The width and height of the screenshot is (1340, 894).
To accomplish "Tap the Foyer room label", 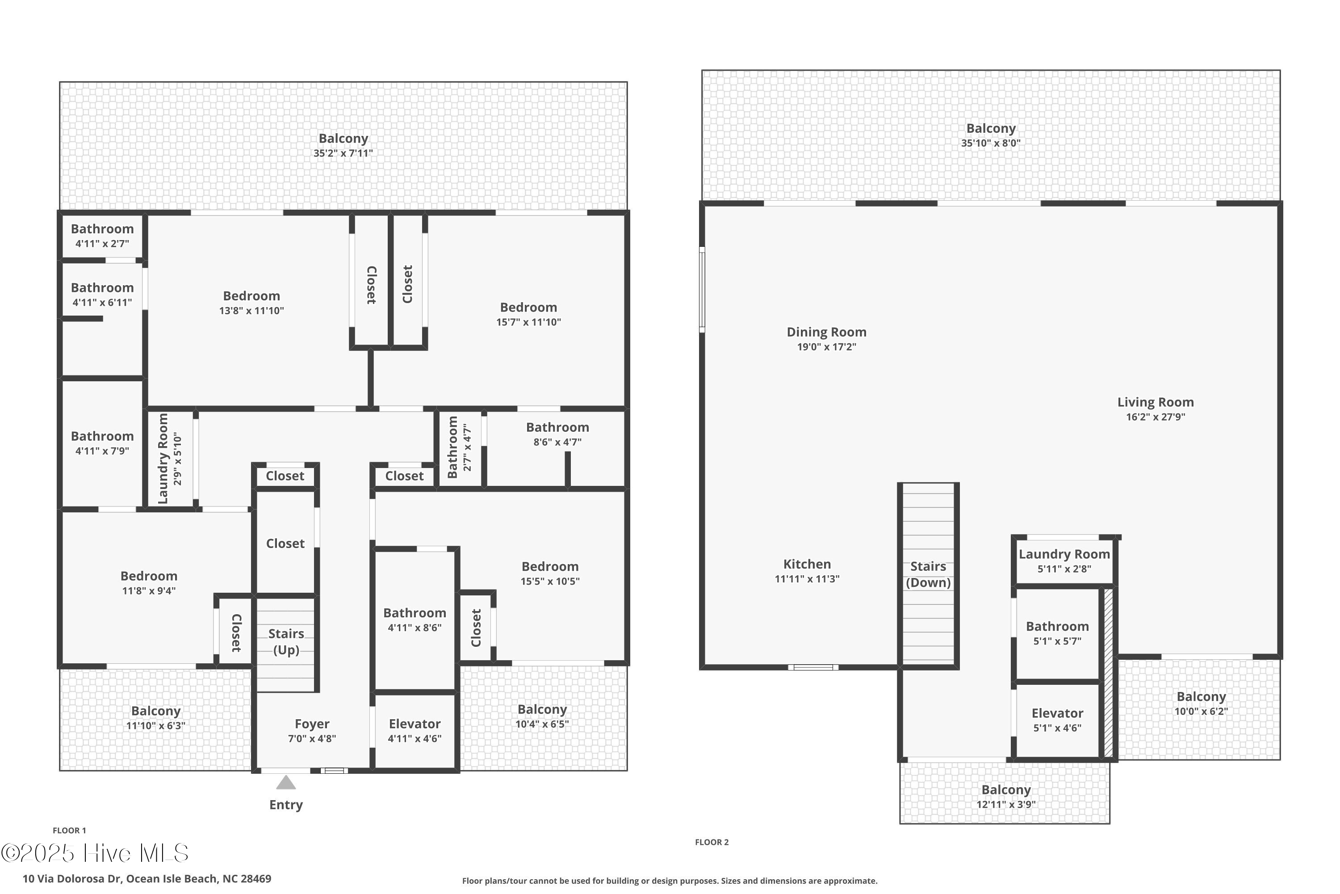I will click(x=312, y=724).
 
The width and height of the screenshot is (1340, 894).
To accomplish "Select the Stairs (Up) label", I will click(x=285, y=642).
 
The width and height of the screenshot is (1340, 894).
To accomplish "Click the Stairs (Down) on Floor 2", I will click(x=928, y=574).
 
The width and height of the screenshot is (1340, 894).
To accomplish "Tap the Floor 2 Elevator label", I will click(x=1057, y=713).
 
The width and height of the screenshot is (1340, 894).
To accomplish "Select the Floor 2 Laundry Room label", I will click(x=1064, y=554).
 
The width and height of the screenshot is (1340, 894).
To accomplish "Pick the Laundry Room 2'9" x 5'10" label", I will click(x=170, y=459).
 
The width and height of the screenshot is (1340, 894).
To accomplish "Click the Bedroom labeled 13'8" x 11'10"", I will click(x=251, y=296).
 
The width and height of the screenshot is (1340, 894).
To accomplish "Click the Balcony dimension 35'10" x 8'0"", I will click(x=990, y=143).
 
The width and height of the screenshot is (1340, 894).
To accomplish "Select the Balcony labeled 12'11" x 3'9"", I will click(x=1005, y=790).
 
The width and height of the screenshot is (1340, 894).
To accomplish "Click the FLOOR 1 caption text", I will click(x=69, y=831).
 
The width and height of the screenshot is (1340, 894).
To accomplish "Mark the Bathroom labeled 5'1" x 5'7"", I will click(x=1057, y=627).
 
